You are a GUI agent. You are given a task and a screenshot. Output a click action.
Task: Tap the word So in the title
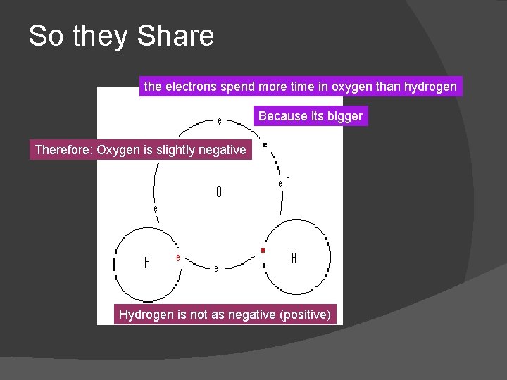(46, 36)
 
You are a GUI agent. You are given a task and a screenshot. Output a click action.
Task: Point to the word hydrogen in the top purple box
(430, 87)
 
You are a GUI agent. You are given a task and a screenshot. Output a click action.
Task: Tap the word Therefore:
(64, 149)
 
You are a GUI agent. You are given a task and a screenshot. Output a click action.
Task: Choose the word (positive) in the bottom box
(304, 314)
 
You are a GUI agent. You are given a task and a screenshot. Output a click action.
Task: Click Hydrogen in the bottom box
(146, 314)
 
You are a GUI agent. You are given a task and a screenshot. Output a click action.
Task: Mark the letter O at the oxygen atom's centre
(218, 191)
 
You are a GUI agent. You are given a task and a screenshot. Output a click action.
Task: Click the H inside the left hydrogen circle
(146, 262)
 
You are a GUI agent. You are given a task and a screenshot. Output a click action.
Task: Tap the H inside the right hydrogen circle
(293, 258)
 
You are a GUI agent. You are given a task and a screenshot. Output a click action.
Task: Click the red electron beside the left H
(178, 258)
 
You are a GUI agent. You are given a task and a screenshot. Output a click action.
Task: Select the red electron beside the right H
(263, 251)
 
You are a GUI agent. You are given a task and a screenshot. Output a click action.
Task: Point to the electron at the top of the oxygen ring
(219, 121)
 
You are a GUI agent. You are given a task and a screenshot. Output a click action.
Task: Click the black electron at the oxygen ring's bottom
(215, 268)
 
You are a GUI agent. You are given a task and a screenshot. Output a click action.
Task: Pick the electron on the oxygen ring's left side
(155, 209)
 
